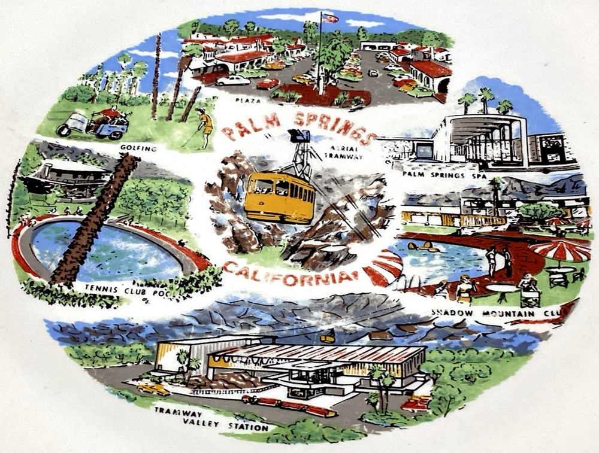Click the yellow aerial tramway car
point(279,197)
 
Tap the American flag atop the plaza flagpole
point(329,18)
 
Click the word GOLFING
point(138,148)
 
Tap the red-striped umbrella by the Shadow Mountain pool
point(561,251)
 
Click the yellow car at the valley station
point(153,389)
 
